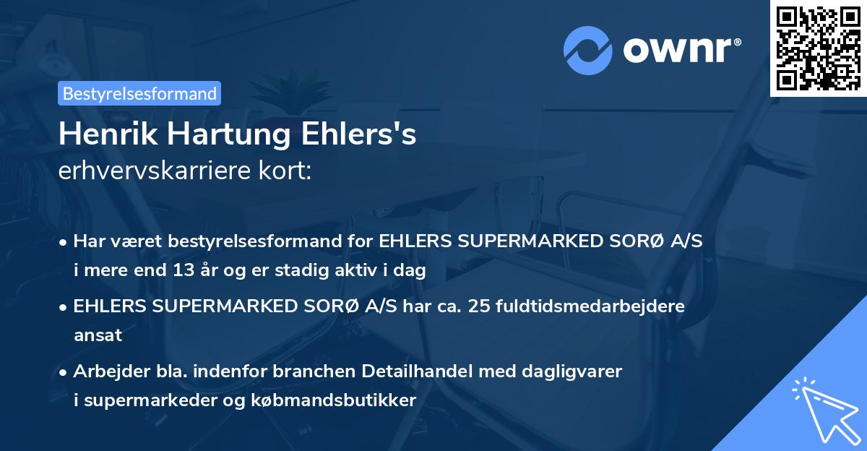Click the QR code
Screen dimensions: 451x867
tap(819, 48)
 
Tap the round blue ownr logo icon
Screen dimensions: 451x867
tap(588, 50)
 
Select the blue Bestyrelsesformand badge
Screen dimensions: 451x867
tap(139, 93)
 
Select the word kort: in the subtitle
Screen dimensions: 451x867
tap(288, 171)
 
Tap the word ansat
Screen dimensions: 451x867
tap(98, 335)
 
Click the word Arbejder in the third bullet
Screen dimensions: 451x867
tap(105, 371)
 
